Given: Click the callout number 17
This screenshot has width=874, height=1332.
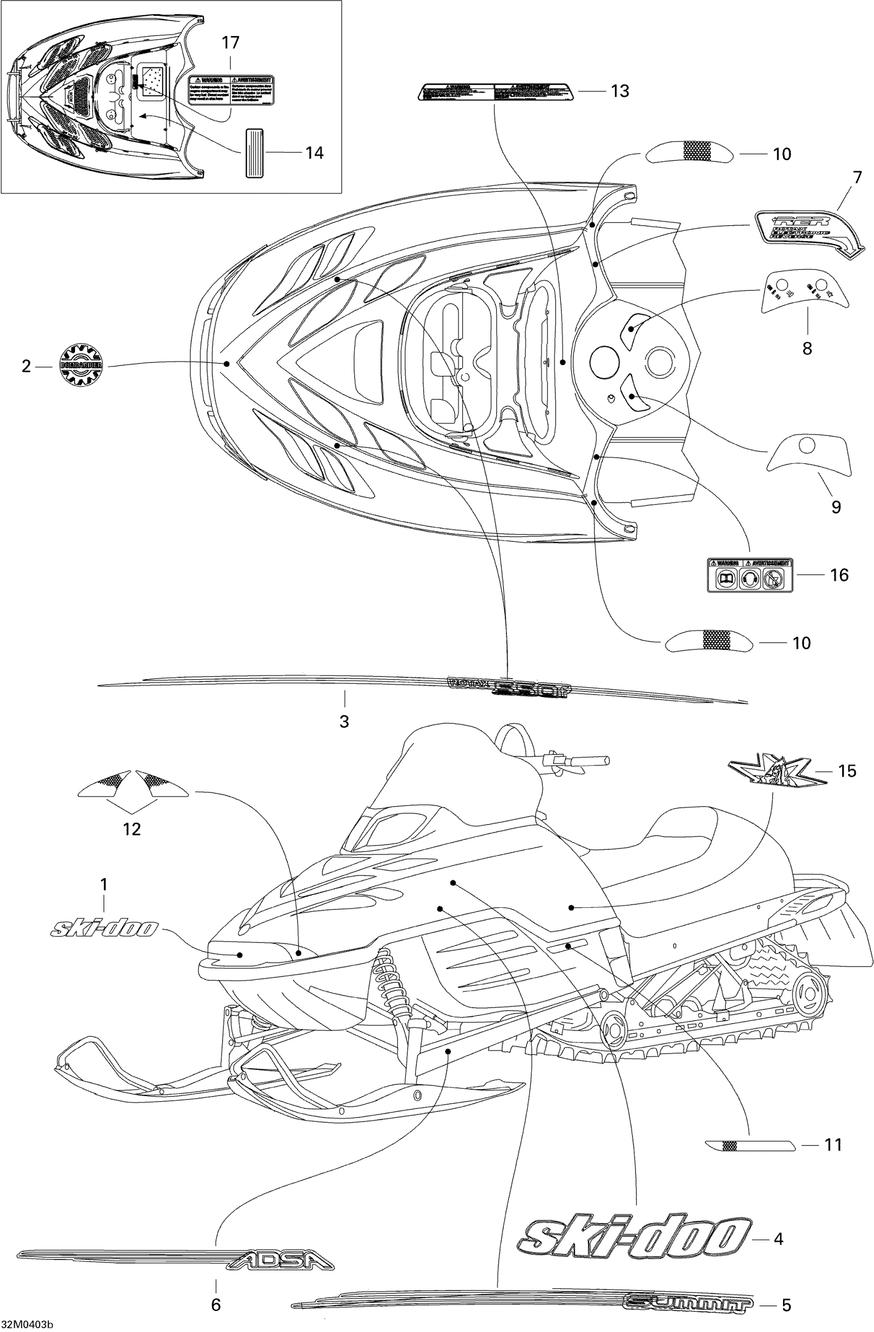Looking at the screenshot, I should click(x=230, y=43).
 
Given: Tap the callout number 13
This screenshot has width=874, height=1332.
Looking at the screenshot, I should click(x=620, y=90).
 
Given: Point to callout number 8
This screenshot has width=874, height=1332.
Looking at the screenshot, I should click(x=807, y=349).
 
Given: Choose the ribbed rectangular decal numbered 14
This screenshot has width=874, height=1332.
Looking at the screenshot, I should click(x=253, y=152).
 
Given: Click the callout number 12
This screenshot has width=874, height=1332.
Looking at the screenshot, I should click(x=132, y=829).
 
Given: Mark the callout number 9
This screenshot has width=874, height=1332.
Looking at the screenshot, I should click(x=836, y=507).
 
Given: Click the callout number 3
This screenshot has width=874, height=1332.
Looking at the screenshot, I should click(x=344, y=721).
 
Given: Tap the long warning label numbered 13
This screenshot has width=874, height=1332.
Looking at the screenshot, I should click(x=495, y=90).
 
